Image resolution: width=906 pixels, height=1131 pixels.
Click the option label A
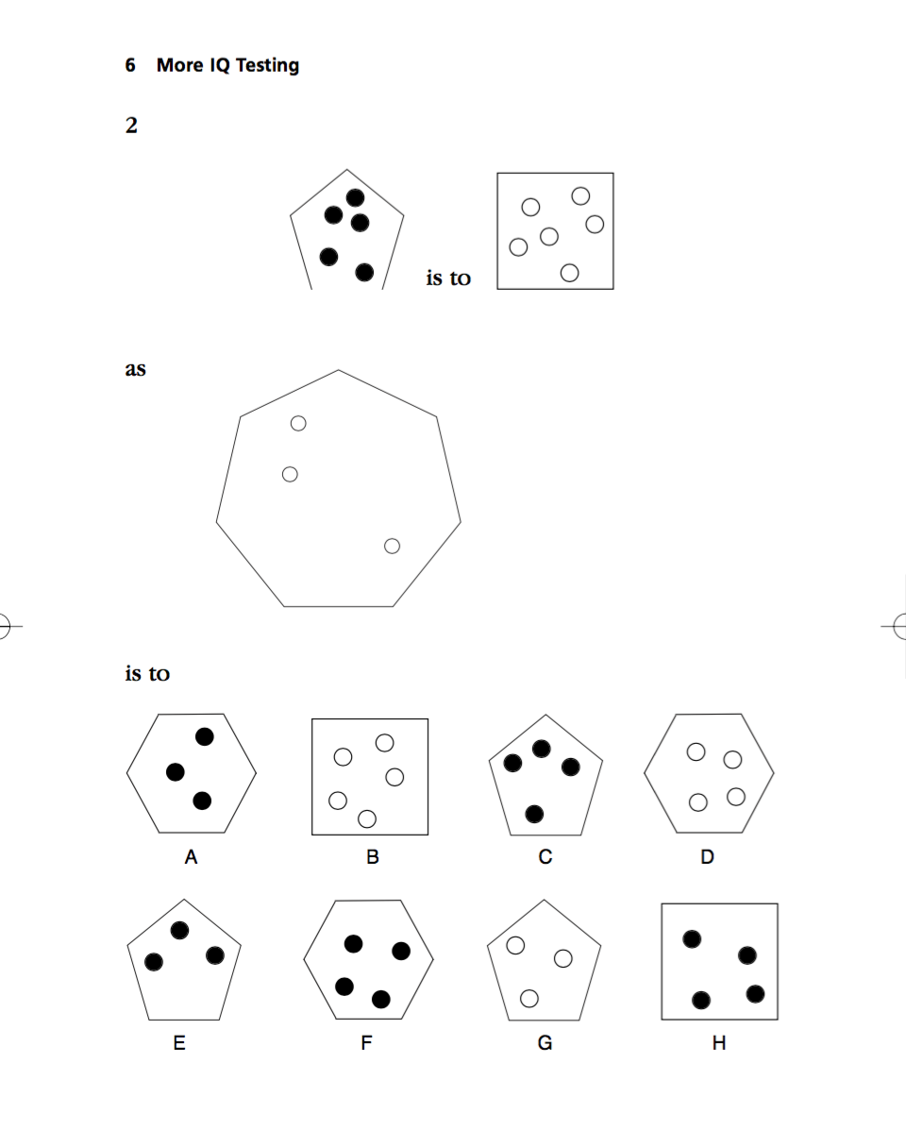click(x=191, y=858)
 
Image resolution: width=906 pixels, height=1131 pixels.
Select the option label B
click(x=373, y=858)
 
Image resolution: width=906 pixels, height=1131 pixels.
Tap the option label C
click(x=545, y=858)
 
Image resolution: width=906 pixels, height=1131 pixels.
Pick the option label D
click(x=708, y=858)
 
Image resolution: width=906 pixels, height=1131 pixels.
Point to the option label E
click(x=179, y=1043)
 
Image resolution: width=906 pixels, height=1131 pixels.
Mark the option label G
click(x=545, y=1043)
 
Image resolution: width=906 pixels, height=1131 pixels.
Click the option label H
click(x=719, y=1043)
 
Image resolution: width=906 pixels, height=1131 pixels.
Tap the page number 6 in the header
click(x=130, y=65)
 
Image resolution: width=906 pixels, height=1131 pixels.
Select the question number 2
click(x=131, y=126)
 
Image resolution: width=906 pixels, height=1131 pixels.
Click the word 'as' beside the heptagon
click(x=135, y=369)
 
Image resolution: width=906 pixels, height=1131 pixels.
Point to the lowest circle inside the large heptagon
click(x=393, y=546)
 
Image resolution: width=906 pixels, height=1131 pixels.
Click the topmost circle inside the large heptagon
click(x=298, y=423)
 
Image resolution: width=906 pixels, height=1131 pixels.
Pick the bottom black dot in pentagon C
click(x=534, y=813)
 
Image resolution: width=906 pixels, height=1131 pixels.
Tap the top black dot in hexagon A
click(x=205, y=736)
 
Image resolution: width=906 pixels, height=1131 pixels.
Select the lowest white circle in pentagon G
click(x=529, y=998)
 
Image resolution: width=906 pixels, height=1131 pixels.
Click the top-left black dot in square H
click(x=692, y=938)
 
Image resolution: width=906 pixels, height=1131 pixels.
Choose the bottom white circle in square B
click(x=368, y=818)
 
